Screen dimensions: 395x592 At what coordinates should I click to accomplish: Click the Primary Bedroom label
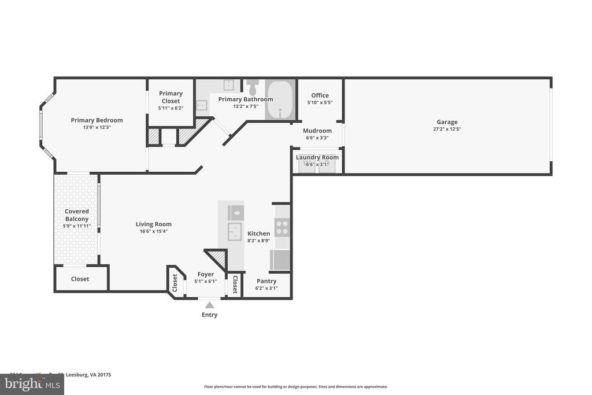(97, 120)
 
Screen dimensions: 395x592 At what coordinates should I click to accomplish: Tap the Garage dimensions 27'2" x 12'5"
(447, 130)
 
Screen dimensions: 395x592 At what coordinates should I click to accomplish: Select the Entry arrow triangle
(209, 305)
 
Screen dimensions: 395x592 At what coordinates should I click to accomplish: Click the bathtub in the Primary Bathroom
(280, 100)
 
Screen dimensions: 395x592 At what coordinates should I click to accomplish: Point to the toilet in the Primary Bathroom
(253, 88)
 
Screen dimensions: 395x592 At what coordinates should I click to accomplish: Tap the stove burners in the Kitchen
(282, 227)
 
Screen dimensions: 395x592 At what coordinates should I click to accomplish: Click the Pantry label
(267, 281)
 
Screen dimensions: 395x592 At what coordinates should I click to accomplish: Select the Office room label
(320, 95)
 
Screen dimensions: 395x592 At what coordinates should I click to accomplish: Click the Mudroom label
(317, 131)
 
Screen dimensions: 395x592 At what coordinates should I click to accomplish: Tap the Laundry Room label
(317, 157)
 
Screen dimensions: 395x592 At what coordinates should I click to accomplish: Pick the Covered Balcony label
(77, 215)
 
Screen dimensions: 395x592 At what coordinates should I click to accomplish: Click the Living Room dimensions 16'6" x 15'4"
(153, 231)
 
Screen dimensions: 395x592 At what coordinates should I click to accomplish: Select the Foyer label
(205, 274)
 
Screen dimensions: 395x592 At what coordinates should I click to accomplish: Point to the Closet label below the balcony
(80, 279)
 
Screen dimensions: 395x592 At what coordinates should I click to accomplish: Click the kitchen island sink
(236, 233)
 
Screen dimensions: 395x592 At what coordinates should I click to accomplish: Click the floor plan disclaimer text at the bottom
(295, 387)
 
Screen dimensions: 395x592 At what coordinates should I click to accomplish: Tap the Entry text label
(209, 315)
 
